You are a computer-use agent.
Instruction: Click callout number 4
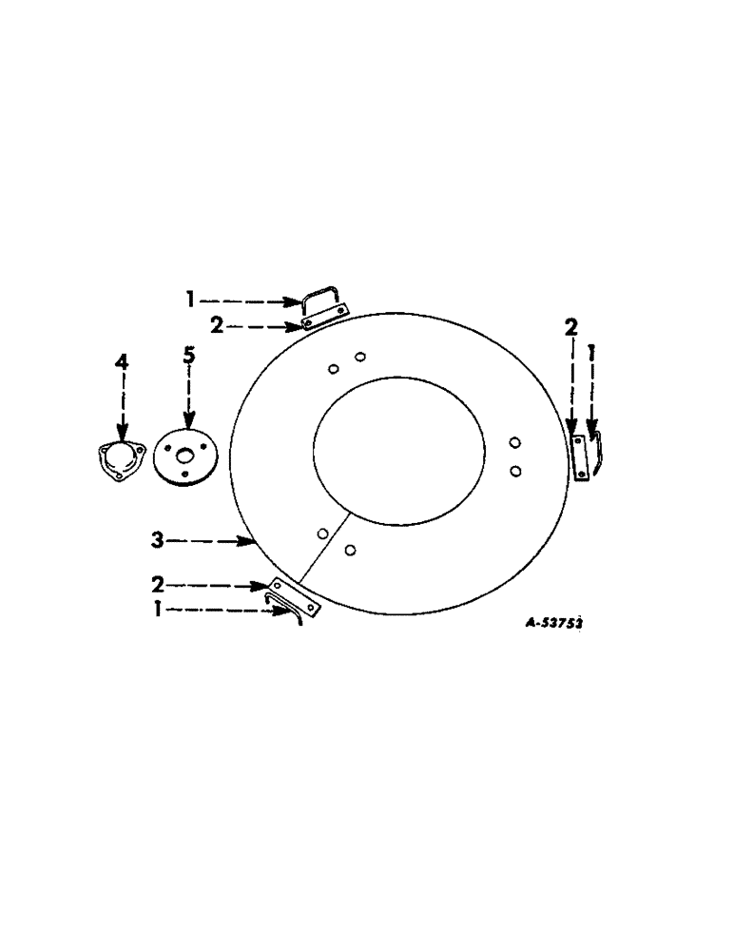tap(121, 363)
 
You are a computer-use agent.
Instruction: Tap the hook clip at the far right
tap(595, 450)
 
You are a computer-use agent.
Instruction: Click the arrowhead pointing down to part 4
tap(122, 433)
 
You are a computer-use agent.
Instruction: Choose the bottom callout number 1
tap(157, 609)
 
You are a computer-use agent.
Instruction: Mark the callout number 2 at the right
tap(570, 328)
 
